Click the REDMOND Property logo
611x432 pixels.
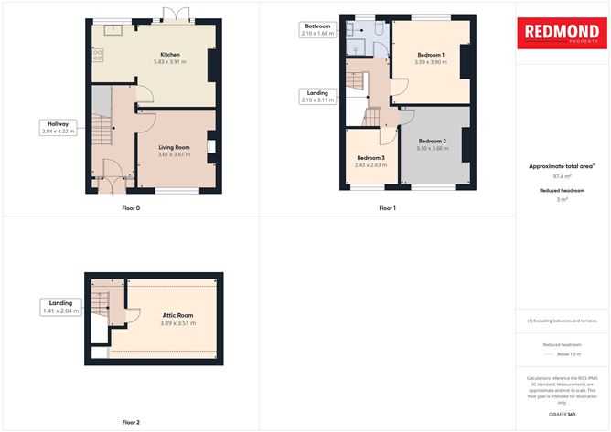point(562,34)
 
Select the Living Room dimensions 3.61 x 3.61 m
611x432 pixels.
point(174,154)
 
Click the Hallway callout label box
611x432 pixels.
point(59,128)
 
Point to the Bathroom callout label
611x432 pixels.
point(316,30)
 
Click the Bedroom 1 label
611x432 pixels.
point(430,55)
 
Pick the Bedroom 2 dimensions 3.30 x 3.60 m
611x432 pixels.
point(431,148)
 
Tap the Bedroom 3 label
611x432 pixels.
point(370,158)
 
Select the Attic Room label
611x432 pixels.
point(177,315)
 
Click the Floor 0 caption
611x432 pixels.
point(132,208)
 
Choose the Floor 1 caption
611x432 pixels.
point(388,208)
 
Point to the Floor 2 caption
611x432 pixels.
point(132,423)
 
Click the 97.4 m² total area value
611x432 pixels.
point(562,176)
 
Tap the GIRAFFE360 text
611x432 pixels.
point(562,415)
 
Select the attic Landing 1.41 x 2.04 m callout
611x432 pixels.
point(59,307)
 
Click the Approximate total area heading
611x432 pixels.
point(562,166)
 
